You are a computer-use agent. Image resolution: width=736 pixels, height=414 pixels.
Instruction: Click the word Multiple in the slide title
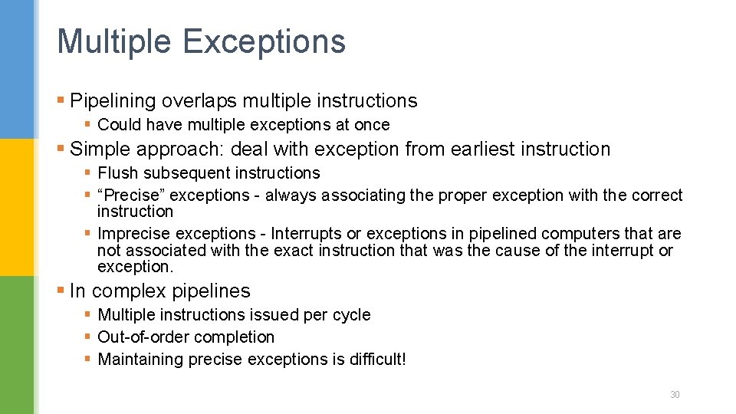pos(113,41)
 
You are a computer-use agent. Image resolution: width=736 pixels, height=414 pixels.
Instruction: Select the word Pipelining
pos(113,101)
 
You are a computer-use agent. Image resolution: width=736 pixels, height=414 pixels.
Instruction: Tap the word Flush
pos(115,173)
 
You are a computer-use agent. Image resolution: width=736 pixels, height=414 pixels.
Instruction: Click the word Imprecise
pos(135,233)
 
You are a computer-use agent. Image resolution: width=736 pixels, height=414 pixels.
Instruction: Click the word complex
pos(130,291)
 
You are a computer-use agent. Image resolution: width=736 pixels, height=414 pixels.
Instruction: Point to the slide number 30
pos(675,395)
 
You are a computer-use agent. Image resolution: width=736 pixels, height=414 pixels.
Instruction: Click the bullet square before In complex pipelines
pos(61,291)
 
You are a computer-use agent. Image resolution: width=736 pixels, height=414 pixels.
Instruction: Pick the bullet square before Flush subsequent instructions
pos(88,172)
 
